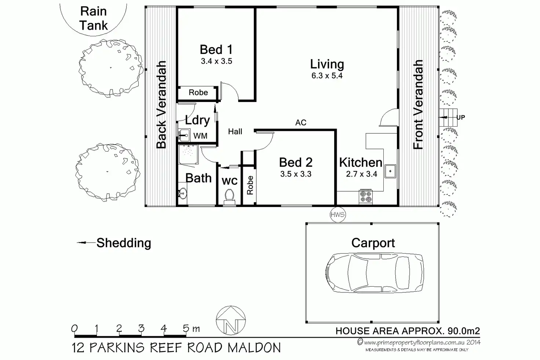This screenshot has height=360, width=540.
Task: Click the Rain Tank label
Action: pyautogui.click(x=94, y=19)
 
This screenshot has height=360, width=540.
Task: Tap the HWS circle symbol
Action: pyautogui.click(x=337, y=214)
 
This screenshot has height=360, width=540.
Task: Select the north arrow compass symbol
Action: pyautogui.click(x=231, y=320)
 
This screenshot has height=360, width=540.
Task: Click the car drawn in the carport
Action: pyautogui.click(x=375, y=273)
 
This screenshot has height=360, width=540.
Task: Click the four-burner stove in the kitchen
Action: pyautogui.click(x=366, y=197)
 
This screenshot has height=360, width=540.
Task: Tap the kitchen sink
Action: pyautogui.click(x=390, y=171)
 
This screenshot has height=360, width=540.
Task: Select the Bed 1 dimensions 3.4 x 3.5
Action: pyautogui.click(x=216, y=61)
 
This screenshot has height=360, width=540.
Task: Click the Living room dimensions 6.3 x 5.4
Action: pyautogui.click(x=327, y=76)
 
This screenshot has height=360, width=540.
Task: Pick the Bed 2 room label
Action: pyautogui.click(x=296, y=163)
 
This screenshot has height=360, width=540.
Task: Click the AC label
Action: pyautogui.click(x=301, y=123)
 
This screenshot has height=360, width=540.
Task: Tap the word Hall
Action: pyautogui.click(x=235, y=131)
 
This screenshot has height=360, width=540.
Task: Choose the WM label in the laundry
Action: pyautogui.click(x=200, y=136)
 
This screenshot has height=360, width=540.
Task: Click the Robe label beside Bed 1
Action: pyautogui.click(x=198, y=92)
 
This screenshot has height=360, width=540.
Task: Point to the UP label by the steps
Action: pyautogui.click(x=461, y=117)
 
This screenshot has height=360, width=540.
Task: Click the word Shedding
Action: pyautogui.click(x=124, y=243)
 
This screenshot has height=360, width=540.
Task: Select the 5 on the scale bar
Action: pyautogui.click(x=186, y=328)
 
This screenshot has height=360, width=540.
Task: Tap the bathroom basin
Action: pyautogui.click(x=183, y=194)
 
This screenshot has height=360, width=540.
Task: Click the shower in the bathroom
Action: pyautogui.click(x=188, y=154)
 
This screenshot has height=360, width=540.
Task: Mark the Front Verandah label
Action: pyautogui.click(x=418, y=105)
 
